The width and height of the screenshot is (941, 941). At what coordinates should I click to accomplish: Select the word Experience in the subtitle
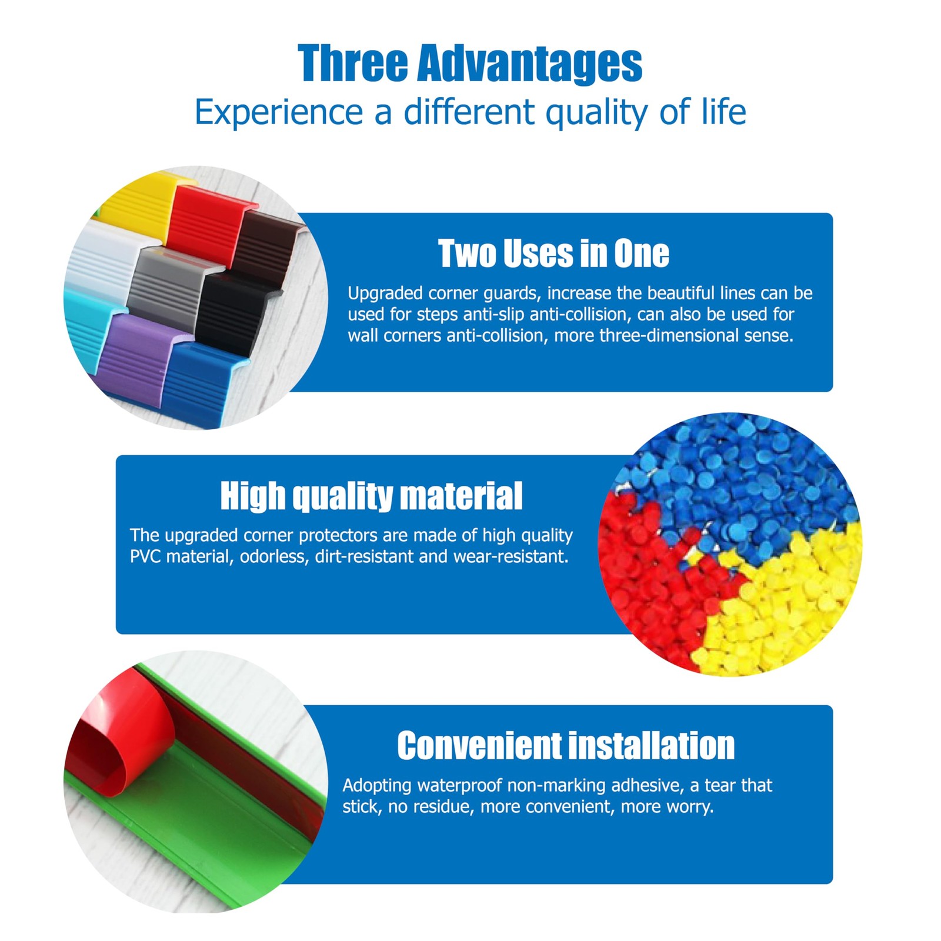(x=279, y=112)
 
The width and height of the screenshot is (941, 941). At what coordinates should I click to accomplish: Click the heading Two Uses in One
(x=553, y=253)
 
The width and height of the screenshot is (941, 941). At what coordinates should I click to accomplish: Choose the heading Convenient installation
(x=566, y=745)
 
